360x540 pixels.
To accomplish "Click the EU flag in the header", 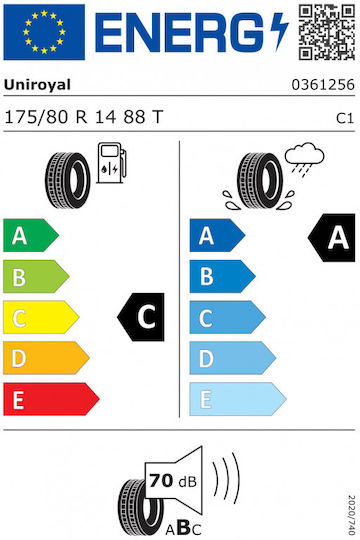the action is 44,32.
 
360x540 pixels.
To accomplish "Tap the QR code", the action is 327,32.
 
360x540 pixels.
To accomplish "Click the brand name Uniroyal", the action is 37,85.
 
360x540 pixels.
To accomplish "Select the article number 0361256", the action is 323,84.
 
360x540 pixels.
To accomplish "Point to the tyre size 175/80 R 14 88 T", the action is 83,117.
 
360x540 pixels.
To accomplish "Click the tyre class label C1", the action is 345,118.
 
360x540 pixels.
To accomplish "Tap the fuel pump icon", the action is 112,163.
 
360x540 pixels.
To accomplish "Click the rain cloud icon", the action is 305,159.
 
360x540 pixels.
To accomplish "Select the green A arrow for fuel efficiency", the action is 31,235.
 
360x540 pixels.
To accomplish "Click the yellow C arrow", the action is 41,317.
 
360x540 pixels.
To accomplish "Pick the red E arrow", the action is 51,399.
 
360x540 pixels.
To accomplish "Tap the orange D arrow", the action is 46,358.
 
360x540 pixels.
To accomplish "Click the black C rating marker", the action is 141,317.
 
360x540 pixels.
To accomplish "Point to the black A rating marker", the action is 331,238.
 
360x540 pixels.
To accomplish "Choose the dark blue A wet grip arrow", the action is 217,235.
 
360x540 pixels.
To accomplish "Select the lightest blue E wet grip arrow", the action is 238,399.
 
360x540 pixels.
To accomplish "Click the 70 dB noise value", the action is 173,481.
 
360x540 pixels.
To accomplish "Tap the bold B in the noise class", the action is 184,527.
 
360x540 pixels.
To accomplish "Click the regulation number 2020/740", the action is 351,515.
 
